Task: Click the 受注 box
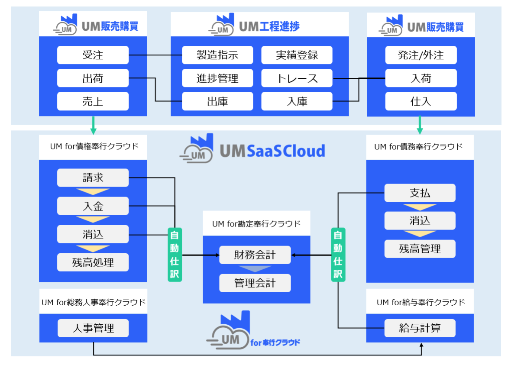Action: pyautogui.click(x=93, y=55)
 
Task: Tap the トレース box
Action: pyautogui.click(x=297, y=78)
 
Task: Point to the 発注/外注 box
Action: pyautogui.click(x=421, y=55)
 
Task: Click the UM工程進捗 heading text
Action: pyautogui.click(x=269, y=27)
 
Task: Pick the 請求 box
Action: pyautogui.click(x=93, y=178)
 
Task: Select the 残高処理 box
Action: pyautogui.click(x=93, y=262)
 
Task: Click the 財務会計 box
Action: pyautogui.click(x=255, y=255)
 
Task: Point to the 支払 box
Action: pyautogui.click(x=420, y=193)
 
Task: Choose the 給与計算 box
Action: pyautogui.click(x=420, y=328)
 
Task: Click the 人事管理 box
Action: pyautogui.click(x=93, y=328)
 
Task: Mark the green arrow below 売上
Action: pyautogui.click(x=93, y=125)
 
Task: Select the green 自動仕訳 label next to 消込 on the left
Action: pyautogui.click(x=175, y=255)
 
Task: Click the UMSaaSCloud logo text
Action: pyautogui.click(x=272, y=151)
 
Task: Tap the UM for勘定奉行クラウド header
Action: pyautogui.click(x=256, y=224)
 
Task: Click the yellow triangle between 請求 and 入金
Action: pyautogui.click(x=93, y=191)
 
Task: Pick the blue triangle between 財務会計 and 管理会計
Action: pyautogui.click(x=255, y=269)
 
